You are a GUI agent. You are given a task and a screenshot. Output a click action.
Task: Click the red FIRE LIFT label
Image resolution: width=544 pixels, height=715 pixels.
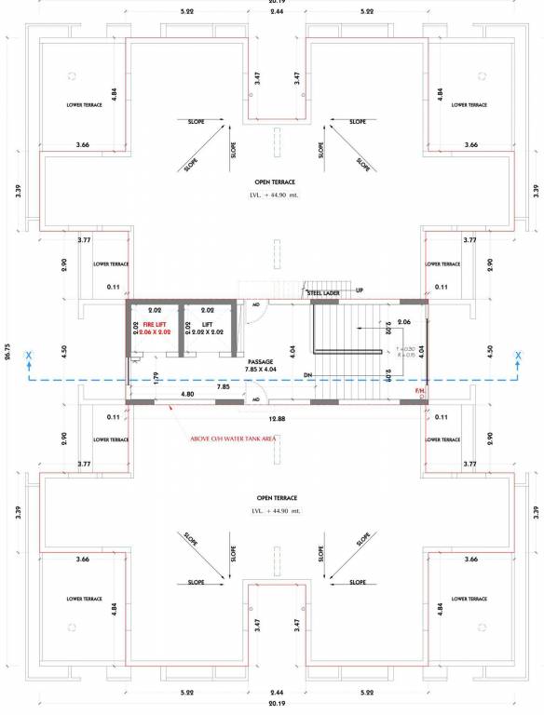click(155, 324)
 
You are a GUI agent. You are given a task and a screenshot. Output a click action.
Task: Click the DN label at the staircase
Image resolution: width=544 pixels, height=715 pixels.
click(306, 375)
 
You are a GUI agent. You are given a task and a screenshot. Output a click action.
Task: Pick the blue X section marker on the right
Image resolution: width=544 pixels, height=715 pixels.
click(517, 356)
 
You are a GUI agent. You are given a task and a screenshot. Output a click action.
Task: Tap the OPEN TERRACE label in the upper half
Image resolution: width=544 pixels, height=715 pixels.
click(276, 182)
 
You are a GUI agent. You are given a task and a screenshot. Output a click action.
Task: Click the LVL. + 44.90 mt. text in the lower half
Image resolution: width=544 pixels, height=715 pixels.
click(276, 511)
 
